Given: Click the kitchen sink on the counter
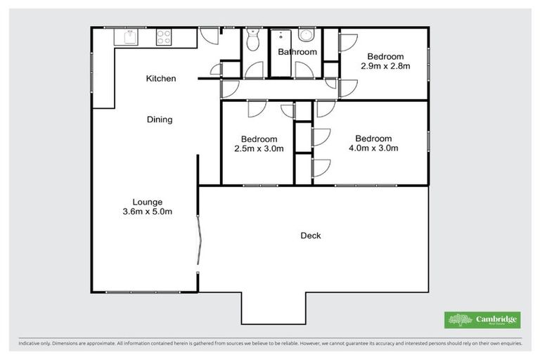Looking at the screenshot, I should tap(128, 37).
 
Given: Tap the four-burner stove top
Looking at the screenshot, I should tap(164, 37).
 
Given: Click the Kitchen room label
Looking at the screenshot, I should tap(160, 78).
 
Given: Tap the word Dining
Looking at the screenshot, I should tap(160, 120).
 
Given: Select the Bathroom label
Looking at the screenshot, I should tap(297, 52).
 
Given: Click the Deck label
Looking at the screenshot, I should tap(311, 236).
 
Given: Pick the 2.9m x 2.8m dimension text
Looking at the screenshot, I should tap(385, 66).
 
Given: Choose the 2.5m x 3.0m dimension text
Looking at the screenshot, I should tap(259, 148).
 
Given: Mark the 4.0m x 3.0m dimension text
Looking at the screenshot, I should tap(373, 148).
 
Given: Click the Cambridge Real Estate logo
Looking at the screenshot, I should tap(482, 320).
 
